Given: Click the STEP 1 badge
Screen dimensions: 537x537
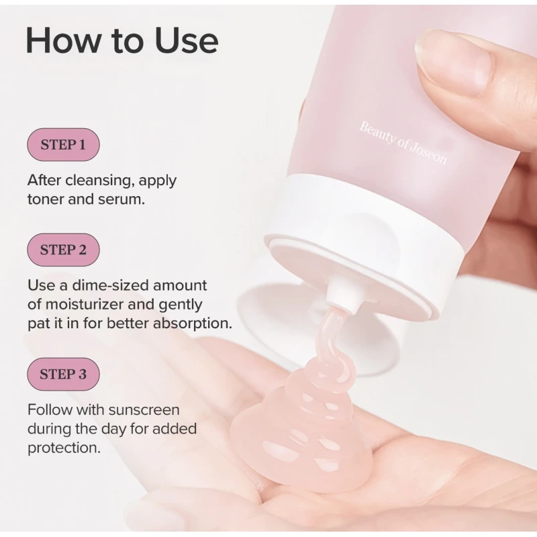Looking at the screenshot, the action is click(63, 144).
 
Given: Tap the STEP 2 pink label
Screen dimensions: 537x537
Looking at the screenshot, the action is click(63, 250).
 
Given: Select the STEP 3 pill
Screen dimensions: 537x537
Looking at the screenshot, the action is click(63, 374).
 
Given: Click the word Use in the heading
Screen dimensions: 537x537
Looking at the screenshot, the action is click(186, 40).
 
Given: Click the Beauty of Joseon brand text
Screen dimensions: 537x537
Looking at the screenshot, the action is click(403, 143).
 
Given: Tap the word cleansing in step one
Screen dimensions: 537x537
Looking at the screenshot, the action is click(98, 181).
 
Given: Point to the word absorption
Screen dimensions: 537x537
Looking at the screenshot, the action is click(193, 324).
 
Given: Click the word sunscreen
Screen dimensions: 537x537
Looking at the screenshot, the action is click(144, 409).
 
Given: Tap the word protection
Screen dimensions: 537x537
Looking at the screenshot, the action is click(64, 448).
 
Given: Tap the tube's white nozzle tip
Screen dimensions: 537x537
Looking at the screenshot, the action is click(343, 295).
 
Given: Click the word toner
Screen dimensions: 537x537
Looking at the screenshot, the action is click(46, 199).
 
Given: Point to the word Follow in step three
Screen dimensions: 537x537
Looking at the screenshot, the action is click(50, 409).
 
